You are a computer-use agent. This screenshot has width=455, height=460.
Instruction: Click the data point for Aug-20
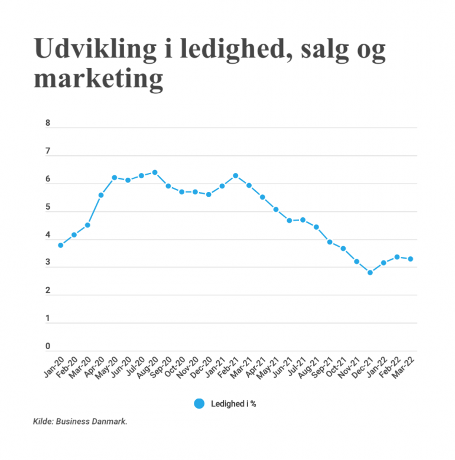point(155,172)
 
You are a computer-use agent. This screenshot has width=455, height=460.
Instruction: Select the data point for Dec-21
point(370,272)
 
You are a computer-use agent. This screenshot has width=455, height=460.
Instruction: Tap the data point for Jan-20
point(61,245)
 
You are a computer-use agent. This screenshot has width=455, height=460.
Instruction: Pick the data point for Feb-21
point(235,175)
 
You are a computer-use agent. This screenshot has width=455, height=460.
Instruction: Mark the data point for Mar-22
point(410,259)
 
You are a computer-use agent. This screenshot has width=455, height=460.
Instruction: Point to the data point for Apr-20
point(101,195)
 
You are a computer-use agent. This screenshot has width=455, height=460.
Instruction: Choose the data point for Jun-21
point(289,220)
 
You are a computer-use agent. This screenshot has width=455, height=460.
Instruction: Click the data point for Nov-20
point(195,192)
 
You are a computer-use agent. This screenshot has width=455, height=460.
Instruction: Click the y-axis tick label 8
point(48,124)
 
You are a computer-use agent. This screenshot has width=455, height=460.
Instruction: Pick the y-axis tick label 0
point(48,347)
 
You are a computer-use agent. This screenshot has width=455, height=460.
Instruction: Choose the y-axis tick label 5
point(48,208)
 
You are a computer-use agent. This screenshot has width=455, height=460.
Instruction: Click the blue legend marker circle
point(199,404)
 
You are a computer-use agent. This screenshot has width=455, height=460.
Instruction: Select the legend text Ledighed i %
point(233,404)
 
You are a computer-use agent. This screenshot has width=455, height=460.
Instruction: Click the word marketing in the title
point(98,79)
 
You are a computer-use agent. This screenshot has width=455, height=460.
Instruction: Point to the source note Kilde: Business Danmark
point(80,422)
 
